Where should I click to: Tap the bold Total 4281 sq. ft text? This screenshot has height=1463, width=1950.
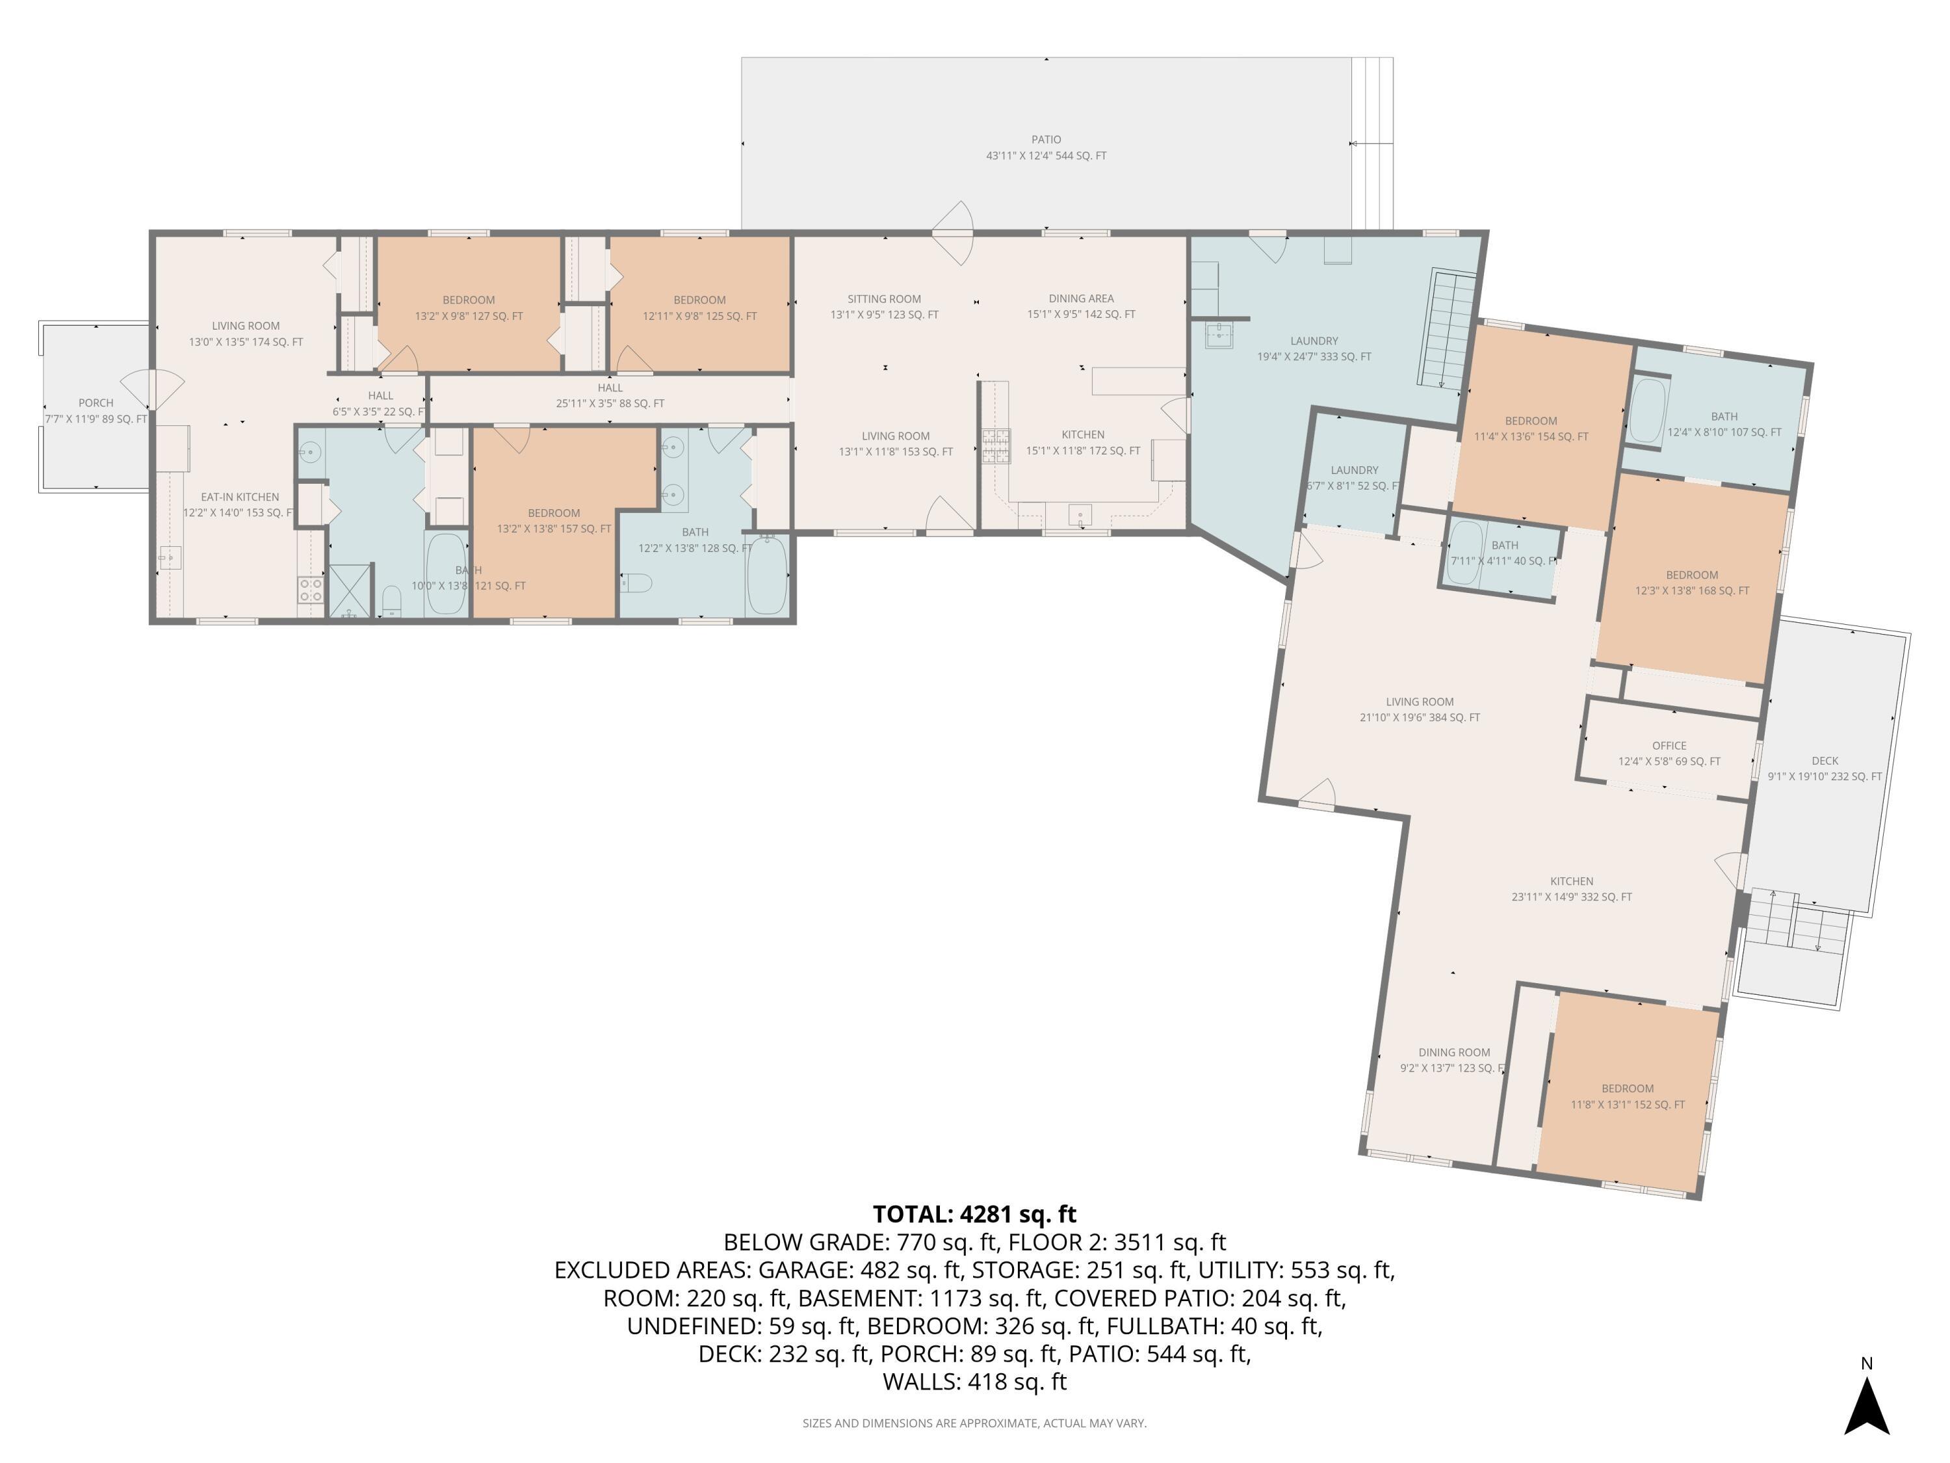[x=975, y=1215]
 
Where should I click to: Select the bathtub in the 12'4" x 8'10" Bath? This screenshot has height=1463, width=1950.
[x=1646, y=410]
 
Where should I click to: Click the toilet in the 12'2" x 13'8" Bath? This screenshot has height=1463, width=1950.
[x=636, y=583]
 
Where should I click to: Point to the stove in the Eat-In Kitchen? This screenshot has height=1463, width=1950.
[x=310, y=589]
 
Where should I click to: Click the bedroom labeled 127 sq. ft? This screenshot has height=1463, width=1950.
[x=469, y=304]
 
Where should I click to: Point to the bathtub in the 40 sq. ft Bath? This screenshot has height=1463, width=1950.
[x=1466, y=553]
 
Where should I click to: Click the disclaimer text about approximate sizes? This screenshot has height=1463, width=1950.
[x=974, y=1423]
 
